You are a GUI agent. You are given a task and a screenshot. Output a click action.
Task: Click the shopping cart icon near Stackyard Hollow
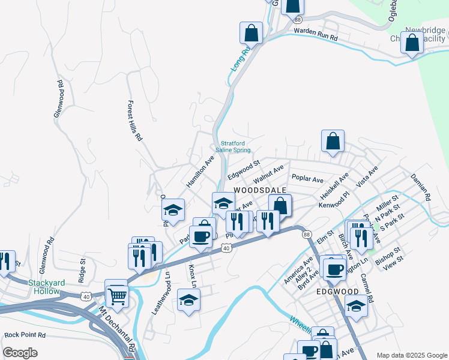(116, 293)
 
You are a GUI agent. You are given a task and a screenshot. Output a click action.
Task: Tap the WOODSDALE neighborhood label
(259, 189)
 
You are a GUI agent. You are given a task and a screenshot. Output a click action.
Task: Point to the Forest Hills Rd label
(134, 120)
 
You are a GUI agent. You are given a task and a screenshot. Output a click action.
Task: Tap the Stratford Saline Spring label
(236, 147)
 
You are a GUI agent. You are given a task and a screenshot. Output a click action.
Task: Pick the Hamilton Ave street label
(200, 172)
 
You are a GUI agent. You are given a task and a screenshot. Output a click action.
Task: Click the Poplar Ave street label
(307, 179)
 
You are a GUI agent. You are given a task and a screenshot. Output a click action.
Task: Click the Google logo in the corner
(20, 353)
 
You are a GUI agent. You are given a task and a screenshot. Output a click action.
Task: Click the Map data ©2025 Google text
(411, 355)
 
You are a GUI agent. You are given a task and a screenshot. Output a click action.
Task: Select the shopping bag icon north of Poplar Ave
(332, 142)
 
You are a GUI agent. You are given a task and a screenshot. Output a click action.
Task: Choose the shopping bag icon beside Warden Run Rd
(251, 33)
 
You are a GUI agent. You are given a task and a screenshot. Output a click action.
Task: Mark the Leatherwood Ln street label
(160, 293)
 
